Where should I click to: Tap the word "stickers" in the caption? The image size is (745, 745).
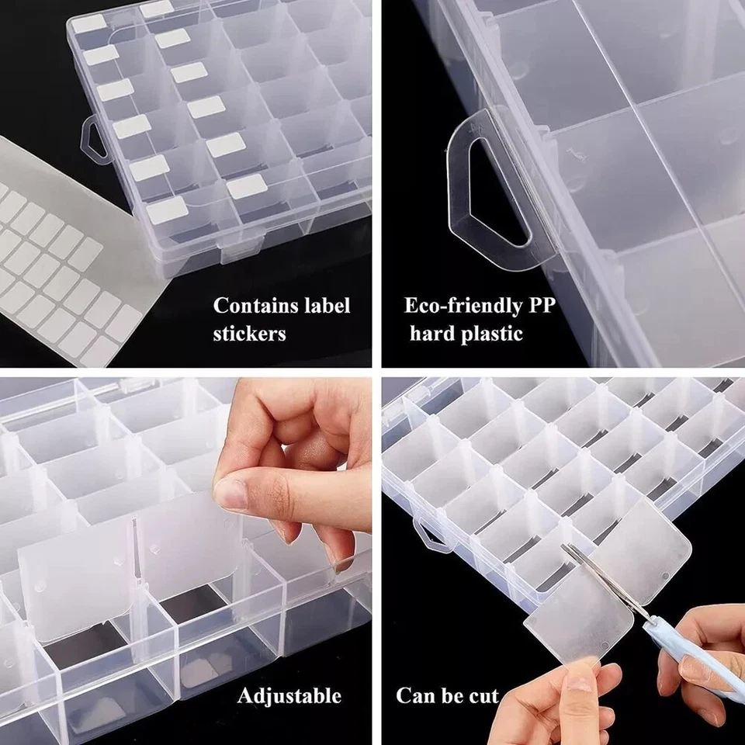coord(250,334)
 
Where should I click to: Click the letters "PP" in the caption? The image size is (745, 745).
coord(540,305)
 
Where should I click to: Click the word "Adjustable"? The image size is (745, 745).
coord(289,695)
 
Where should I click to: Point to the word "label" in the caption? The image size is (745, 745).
coord(324,306)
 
